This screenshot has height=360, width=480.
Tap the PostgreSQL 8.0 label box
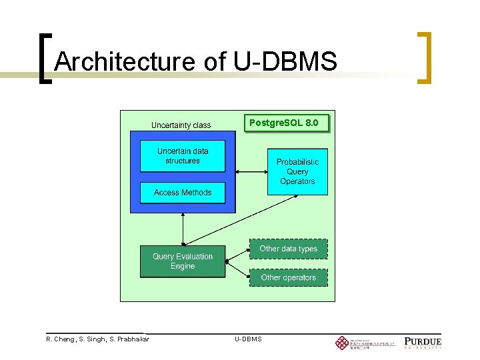(x=288, y=123)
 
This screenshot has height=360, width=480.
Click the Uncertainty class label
(x=181, y=125)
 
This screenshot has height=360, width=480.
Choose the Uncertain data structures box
(x=183, y=156)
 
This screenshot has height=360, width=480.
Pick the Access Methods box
(x=183, y=193)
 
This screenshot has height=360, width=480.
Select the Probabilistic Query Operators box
(x=297, y=171)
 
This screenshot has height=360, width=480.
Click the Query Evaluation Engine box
(x=183, y=261)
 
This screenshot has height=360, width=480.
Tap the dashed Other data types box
(x=289, y=249)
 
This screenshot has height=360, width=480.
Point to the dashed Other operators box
(x=289, y=277)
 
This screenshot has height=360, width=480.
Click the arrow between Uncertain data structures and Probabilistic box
(x=246, y=171)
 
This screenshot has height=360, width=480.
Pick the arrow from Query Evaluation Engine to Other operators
(x=237, y=269)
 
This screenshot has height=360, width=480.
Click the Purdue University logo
(x=423, y=343)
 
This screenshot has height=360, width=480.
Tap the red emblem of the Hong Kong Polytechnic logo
(x=341, y=343)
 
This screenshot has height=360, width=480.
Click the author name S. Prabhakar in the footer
(x=126, y=339)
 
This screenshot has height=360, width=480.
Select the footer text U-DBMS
(x=248, y=339)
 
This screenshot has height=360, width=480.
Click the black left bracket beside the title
(x=45, y=58)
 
